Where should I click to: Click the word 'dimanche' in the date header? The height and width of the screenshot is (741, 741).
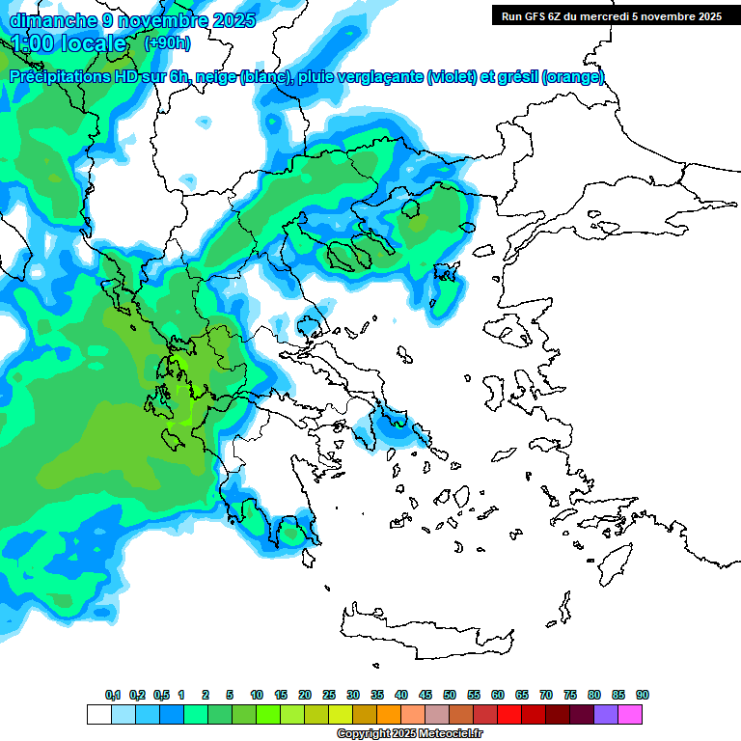tap(49, 20)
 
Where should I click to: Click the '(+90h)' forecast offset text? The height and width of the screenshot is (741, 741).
tap(167, 43)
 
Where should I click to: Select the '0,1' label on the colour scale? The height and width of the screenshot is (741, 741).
tap(113, 695)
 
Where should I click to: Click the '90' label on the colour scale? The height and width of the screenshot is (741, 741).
tap(643, 695)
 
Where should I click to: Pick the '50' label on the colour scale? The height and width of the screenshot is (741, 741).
tap(450, 695)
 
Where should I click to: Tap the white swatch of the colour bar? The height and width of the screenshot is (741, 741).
tap(98, 714)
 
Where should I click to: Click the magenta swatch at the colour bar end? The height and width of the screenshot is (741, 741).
tap(630, 714)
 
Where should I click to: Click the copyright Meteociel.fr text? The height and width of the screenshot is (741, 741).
tap(409, 734)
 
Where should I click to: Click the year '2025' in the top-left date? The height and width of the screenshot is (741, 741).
tap(232, 20)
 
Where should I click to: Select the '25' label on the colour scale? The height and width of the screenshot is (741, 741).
tap(329, 695)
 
